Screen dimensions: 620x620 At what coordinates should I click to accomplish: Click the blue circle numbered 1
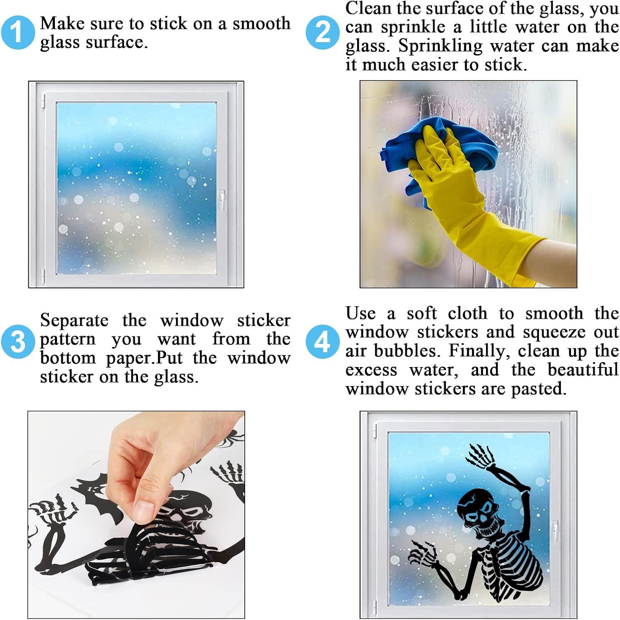[x=17, y=33]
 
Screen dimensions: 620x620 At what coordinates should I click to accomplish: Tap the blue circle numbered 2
[x=323, y=33]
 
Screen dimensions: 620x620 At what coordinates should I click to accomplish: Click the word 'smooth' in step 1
[x=261, y=24]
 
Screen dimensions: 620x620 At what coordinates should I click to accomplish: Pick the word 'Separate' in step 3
[x=74, y=321]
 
